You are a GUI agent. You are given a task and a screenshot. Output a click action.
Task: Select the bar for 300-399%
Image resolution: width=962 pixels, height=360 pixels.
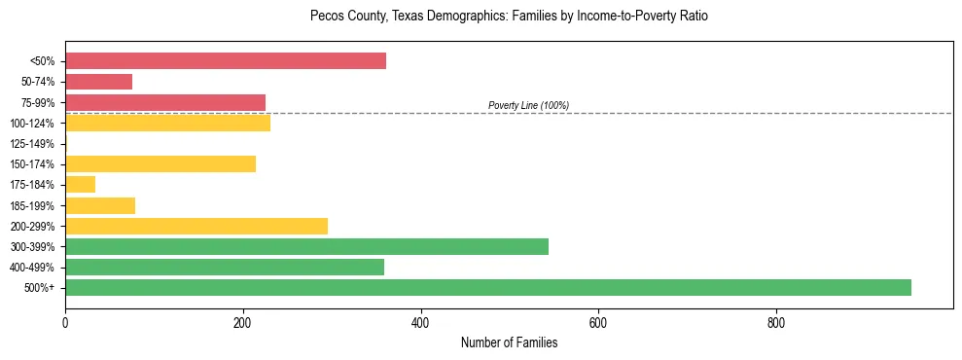click(306, 246)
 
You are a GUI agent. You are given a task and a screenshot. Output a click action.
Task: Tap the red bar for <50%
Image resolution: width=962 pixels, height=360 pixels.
click(226, 61)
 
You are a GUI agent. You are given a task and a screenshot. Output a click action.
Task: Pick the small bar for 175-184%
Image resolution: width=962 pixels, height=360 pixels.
click(80, 184)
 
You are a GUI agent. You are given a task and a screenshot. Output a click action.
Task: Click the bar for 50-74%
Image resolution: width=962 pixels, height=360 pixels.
click(98, 82)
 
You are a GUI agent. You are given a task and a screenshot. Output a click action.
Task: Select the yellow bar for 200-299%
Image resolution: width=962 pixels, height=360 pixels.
click(196, 226)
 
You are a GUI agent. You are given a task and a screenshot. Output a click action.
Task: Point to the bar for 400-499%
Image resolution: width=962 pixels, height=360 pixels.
click(225, 267)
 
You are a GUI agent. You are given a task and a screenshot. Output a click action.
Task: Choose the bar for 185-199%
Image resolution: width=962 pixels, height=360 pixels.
click(100, 205)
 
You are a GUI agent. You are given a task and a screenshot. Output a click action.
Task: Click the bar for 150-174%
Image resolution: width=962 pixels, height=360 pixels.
click(160, 163)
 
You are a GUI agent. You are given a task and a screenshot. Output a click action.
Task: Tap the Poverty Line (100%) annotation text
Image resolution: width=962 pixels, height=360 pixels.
click(528, 105)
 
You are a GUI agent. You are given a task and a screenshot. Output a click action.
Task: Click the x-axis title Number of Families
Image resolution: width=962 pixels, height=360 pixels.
click(509, 342)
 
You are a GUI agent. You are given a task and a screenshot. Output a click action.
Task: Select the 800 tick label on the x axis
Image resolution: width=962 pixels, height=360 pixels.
click(776, 322)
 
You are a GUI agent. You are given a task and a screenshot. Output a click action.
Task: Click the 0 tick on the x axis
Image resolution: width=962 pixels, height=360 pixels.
click(65, 322)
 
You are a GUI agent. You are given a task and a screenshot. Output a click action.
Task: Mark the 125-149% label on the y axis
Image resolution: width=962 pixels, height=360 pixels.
click(31, 144)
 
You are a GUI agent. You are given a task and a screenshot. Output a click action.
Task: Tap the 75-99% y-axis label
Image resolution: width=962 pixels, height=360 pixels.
click(37, 102)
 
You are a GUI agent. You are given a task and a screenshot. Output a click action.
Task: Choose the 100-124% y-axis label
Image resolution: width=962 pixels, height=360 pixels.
click(31, 124)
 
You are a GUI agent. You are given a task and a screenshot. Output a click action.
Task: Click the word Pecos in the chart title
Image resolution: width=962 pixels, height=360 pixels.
click(327, 17)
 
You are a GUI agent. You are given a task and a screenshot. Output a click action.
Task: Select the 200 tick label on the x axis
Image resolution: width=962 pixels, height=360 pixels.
click(243, 322)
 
